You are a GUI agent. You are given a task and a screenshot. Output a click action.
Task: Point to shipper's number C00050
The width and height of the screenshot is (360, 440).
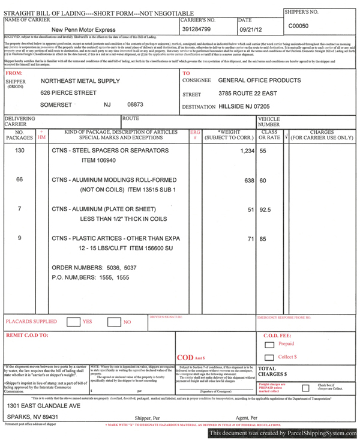point(298,26)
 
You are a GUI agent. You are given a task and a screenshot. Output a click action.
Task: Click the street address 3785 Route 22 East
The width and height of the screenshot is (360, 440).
point(247,94)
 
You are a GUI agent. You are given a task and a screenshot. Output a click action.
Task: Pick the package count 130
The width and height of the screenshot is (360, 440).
point(20,150)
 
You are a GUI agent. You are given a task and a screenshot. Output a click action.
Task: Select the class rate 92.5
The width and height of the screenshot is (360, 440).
point(265,209)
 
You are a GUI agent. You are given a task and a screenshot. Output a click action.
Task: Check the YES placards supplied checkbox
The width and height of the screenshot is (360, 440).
point(73,322)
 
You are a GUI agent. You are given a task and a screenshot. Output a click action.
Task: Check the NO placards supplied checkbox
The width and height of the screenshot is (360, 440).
point(113,322)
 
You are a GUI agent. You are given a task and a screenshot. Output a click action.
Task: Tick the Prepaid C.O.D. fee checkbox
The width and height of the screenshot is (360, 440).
point(269,345)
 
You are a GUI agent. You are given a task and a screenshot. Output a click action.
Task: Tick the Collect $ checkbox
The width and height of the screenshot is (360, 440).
point(269,357)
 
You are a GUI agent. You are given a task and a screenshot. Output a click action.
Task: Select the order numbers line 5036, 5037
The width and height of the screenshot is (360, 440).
point(94,267)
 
